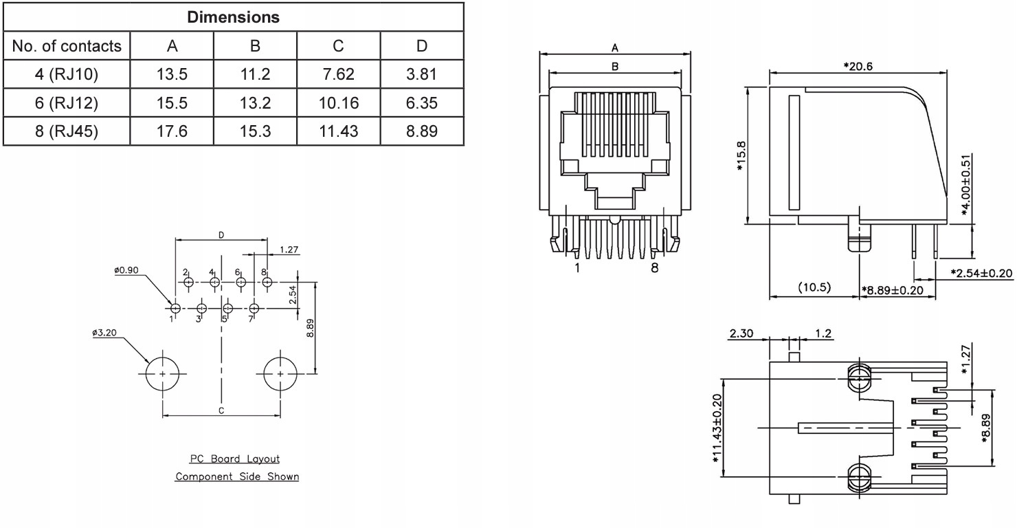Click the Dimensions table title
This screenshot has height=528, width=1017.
[234, 17]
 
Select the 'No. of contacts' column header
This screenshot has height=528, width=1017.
[67, 46]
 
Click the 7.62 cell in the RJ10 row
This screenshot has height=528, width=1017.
[338, 74]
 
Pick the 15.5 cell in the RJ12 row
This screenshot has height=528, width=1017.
[172, 103]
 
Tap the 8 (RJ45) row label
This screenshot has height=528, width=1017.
[67, 131]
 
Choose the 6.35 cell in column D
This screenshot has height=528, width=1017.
[422, 103]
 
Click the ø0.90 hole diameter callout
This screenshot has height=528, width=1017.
[126, 270]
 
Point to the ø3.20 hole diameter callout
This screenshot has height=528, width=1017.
[104, 333]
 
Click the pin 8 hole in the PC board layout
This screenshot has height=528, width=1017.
[267, 283]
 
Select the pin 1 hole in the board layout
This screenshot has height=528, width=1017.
[176, 309]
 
